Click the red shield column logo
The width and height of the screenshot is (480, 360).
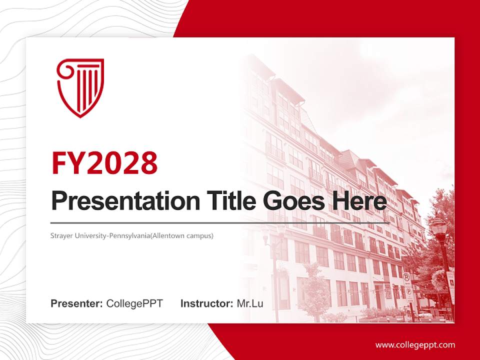point(80,87)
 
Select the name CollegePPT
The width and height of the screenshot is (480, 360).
point(134,303)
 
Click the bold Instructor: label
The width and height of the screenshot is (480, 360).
point(206,303)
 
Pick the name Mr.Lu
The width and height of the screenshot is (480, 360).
point(250,303)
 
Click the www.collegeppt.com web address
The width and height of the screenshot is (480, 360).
point(415,345)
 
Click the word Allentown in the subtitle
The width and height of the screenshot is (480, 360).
point(175,235)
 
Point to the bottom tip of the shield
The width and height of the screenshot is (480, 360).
point(80,117)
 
